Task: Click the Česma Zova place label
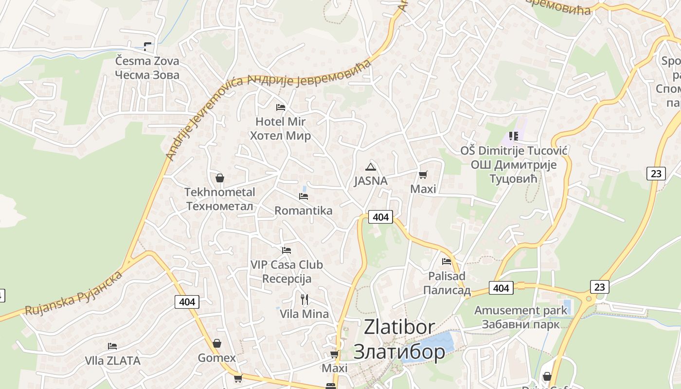(x=147, y=68)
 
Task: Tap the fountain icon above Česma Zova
(x=147, y=47)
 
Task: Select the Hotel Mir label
(x=280, y=128)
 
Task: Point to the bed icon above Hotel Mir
(x=280, y=107)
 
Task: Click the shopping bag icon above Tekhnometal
(x=220, y=178)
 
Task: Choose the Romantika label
(x=304, y=211)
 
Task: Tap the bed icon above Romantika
(x=304, y=196)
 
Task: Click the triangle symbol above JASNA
(x=371, y=167)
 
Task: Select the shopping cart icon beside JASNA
(x=423, y=175)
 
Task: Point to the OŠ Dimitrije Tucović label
(x=514, y=165)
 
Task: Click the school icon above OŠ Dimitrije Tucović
(x=514, y=136)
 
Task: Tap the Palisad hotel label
(x=447, y=283)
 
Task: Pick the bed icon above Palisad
(x=447, y=262)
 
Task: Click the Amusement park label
(x=520, y=317)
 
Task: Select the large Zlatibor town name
(x=399, y=339)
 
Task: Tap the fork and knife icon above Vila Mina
(x=305, y=299)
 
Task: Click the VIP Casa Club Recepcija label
(x=287, y=272)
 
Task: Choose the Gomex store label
(x=216, y=358)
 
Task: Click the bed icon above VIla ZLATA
(x=112, y=346)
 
